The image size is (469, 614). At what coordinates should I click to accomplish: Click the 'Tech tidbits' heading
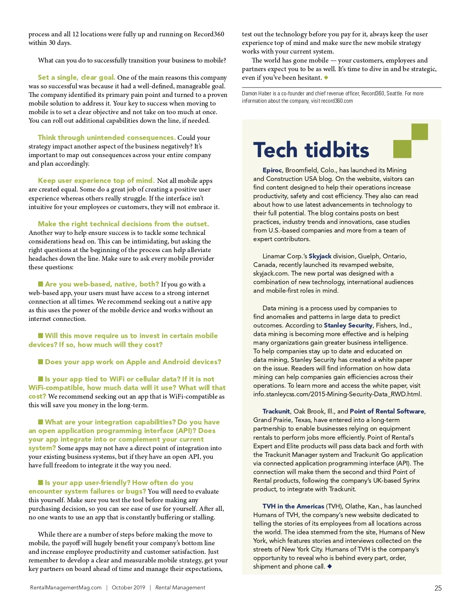click(x=311, y=150)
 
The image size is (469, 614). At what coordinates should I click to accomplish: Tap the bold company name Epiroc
click(x=272, y=170)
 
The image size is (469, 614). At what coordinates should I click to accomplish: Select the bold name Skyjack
click(x=320, y=256)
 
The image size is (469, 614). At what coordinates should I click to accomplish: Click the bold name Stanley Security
click(x=348, y=325)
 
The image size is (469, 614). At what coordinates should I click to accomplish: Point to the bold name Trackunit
click(x=276, y=411)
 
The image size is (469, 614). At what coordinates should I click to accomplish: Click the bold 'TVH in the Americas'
click(x=293, y=506)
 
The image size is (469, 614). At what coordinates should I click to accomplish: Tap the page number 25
click(x=438, y=588)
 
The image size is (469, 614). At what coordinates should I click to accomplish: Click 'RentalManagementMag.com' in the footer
click(x=66, y=587)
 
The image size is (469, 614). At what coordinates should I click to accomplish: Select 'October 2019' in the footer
click(x=128, y=587)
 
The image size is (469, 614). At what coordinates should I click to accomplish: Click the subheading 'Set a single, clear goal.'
click(x=76, y=77)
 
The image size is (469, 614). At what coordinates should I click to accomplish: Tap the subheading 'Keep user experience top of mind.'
click(x=96, y=181)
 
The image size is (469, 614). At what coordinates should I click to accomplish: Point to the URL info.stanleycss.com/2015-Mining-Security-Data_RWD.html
click(x=337, y=394)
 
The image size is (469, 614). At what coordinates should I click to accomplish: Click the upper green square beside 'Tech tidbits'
click(x=419, y=132)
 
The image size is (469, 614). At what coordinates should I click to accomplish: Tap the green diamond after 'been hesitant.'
click(x=326, y=77)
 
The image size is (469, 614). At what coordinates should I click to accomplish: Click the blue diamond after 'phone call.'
click(x=329, y=566)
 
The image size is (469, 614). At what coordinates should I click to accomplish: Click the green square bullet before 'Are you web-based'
click(x=41, y=284)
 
